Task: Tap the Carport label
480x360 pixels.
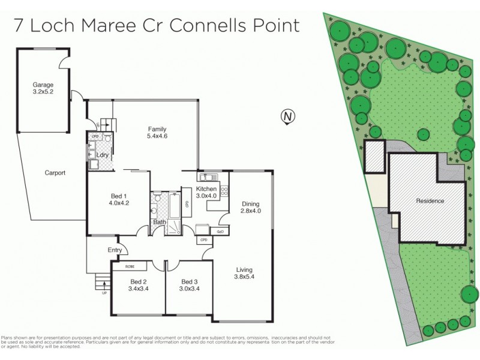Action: (x=55, y=173)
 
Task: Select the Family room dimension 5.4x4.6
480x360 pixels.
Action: (x=158, y=137)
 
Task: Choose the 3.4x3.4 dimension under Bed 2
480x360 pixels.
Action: (x=139, y=289)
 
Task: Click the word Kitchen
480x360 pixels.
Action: (x=206, y=189)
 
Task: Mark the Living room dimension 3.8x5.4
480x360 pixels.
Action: (x=245, y=277)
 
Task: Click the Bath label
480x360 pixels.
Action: (x=159, y=222)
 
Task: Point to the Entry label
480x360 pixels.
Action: (x=115, y=250)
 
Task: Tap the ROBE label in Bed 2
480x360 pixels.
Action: (x=130, y=266)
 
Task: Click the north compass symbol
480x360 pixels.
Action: (x=288, y=116)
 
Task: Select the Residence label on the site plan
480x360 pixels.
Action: (x=430, y=201)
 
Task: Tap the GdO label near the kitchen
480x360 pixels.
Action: (x=220, y=232)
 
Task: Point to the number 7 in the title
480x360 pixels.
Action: (x=20, y=25)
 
